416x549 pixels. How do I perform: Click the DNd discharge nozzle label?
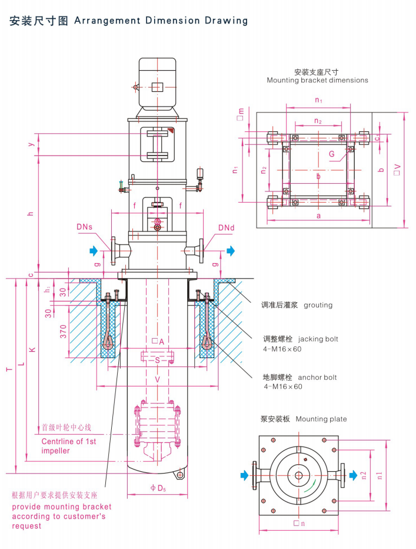(227, 227)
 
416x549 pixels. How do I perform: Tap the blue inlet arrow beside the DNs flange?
(94, 251)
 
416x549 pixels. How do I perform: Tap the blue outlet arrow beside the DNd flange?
(229, 251)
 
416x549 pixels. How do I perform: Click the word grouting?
(318, 305)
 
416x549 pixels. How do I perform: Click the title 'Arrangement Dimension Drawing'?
(160, 21)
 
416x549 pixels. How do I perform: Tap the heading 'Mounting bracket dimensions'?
(318, 80)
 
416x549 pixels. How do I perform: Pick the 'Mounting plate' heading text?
(321, 419)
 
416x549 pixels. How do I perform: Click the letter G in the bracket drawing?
(332, 154)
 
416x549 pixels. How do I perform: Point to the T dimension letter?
(9, 370)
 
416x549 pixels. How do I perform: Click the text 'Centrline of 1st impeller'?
(68, 446)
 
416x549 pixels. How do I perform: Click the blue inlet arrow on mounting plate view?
(245, 474)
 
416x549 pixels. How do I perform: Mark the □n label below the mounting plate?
(299, 523)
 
